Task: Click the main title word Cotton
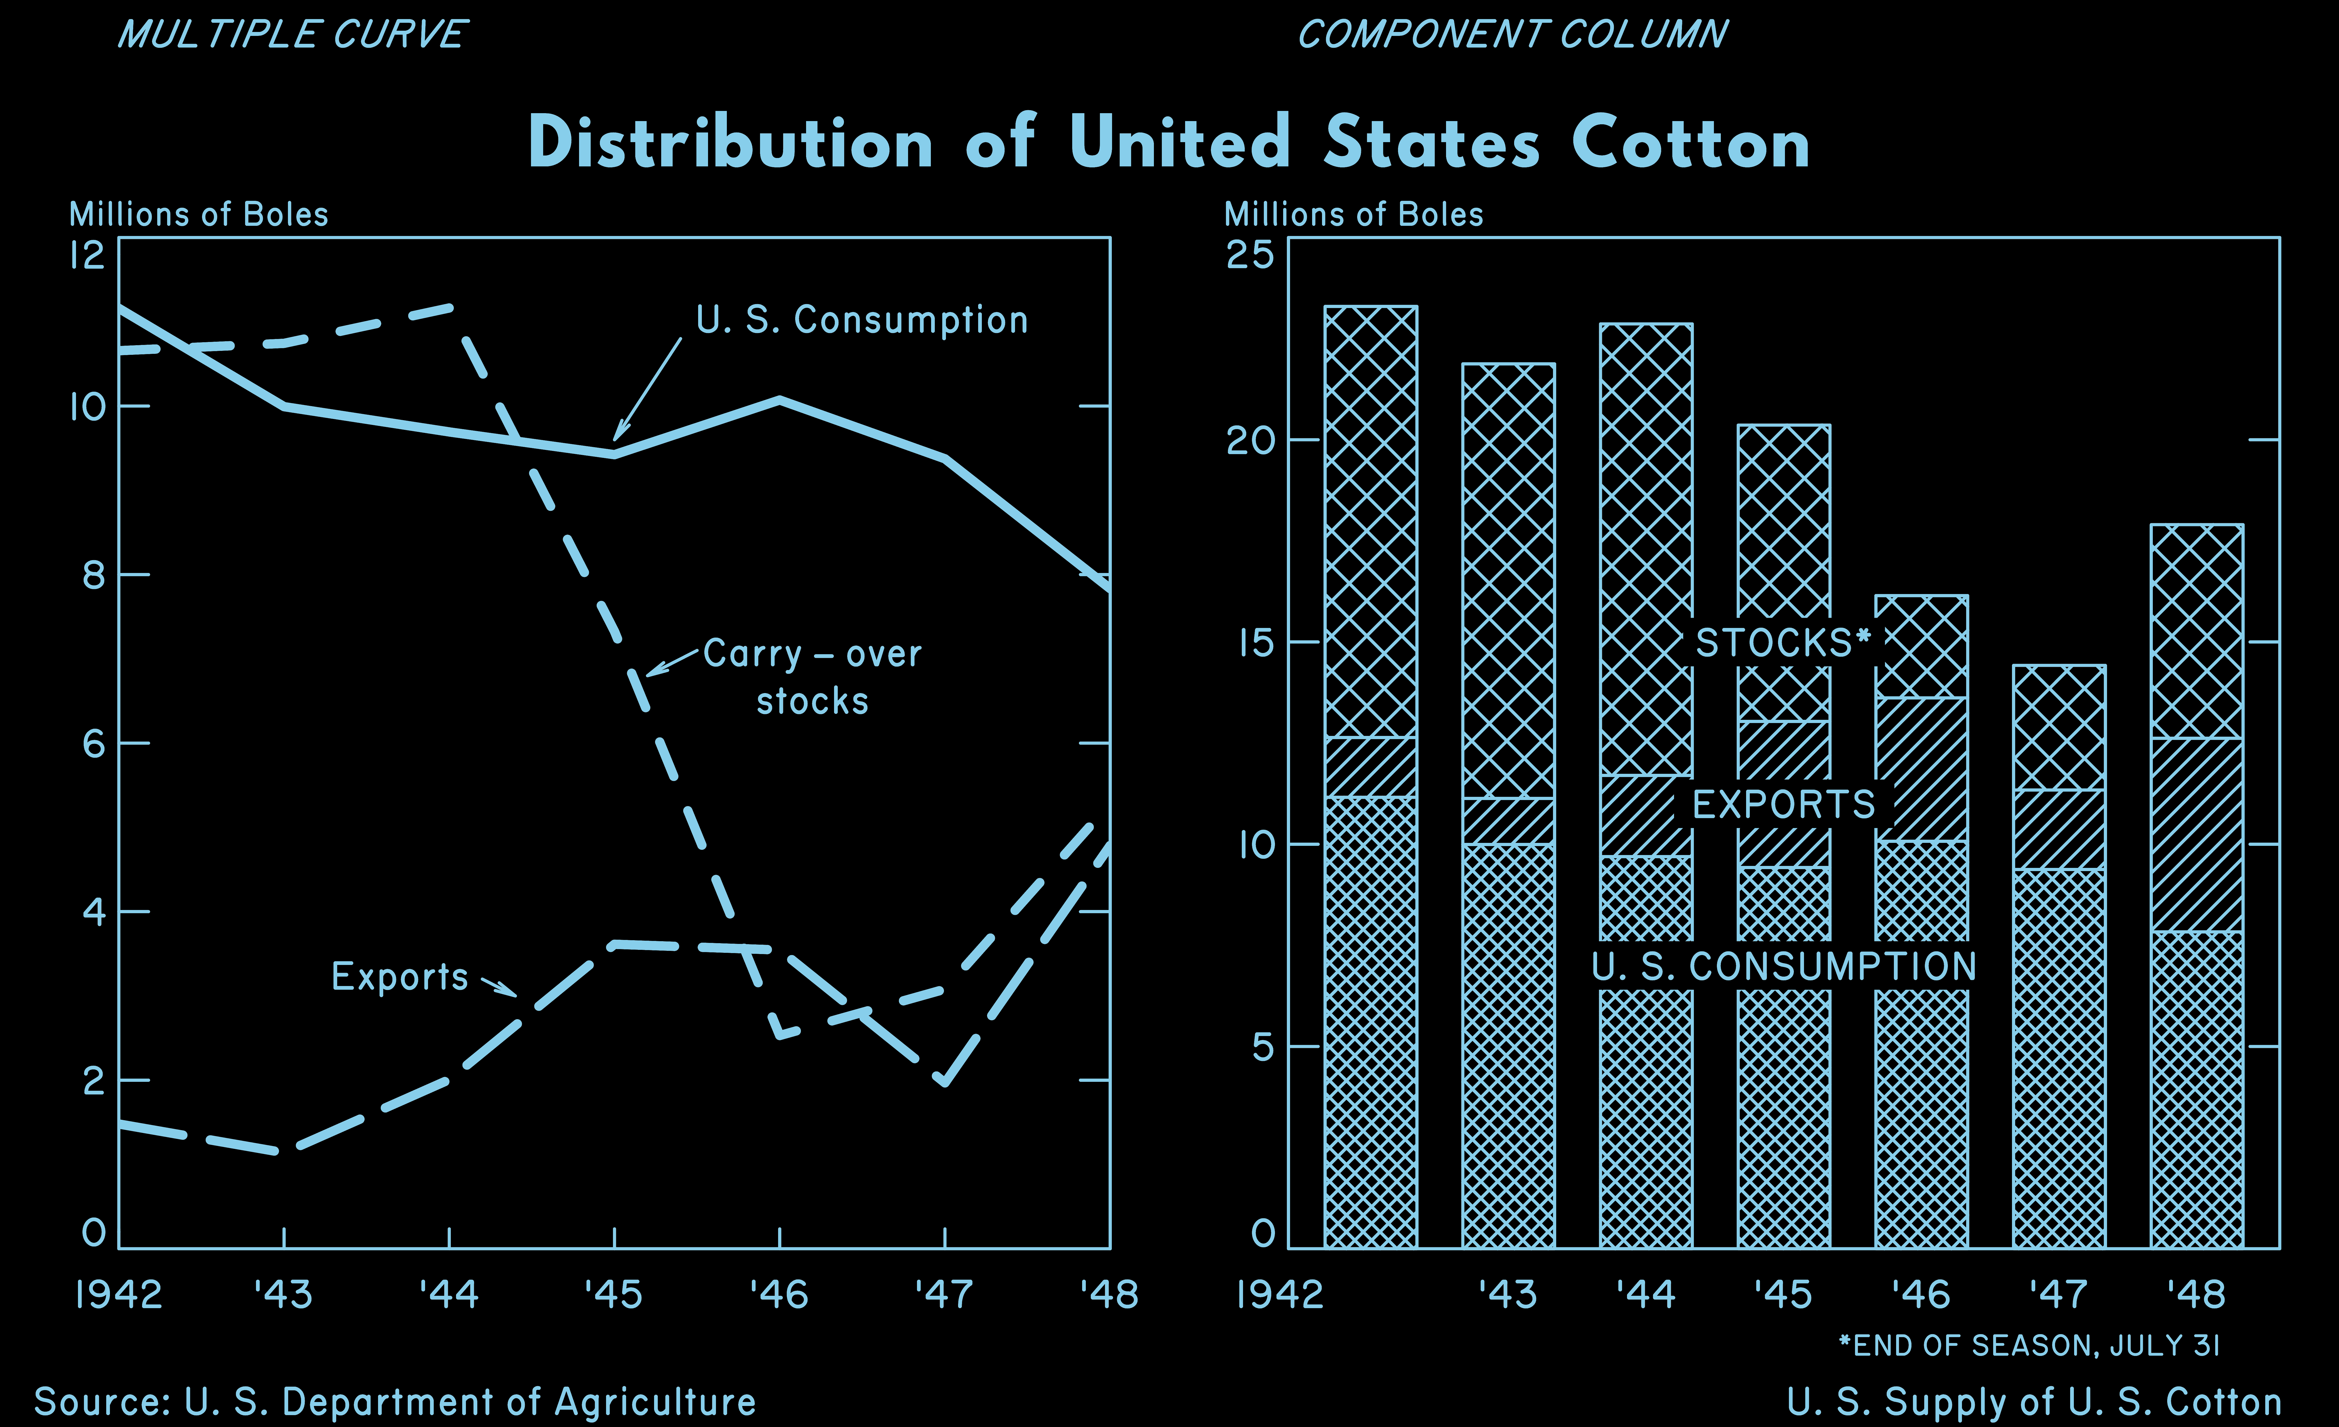(1690, 144)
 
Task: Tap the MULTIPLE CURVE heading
(291, 35)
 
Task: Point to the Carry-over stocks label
(812, 677)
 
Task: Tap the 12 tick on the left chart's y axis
(87, 255)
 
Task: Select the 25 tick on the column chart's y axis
(1250, 255)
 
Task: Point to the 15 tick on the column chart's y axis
(1250, 643)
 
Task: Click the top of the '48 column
(2197, 525)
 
